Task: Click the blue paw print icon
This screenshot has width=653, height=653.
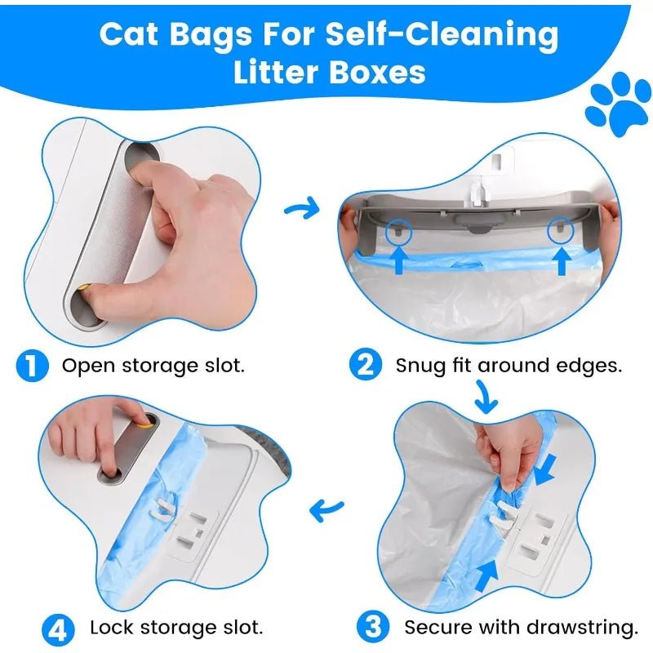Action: pos(618,104)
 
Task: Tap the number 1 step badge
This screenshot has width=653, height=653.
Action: pos(32,365)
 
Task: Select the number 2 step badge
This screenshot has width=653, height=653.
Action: pos(365,364)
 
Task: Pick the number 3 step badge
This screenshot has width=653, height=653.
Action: pos(373,626)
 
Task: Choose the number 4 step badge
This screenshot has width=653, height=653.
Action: pos(58,629)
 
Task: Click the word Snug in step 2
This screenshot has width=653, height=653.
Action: pos(420,366)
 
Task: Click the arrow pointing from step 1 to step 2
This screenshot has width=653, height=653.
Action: pos(301,208)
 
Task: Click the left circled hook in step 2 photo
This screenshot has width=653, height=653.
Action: pos(398,232)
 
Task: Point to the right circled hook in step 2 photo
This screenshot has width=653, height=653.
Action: pos(561,231)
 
